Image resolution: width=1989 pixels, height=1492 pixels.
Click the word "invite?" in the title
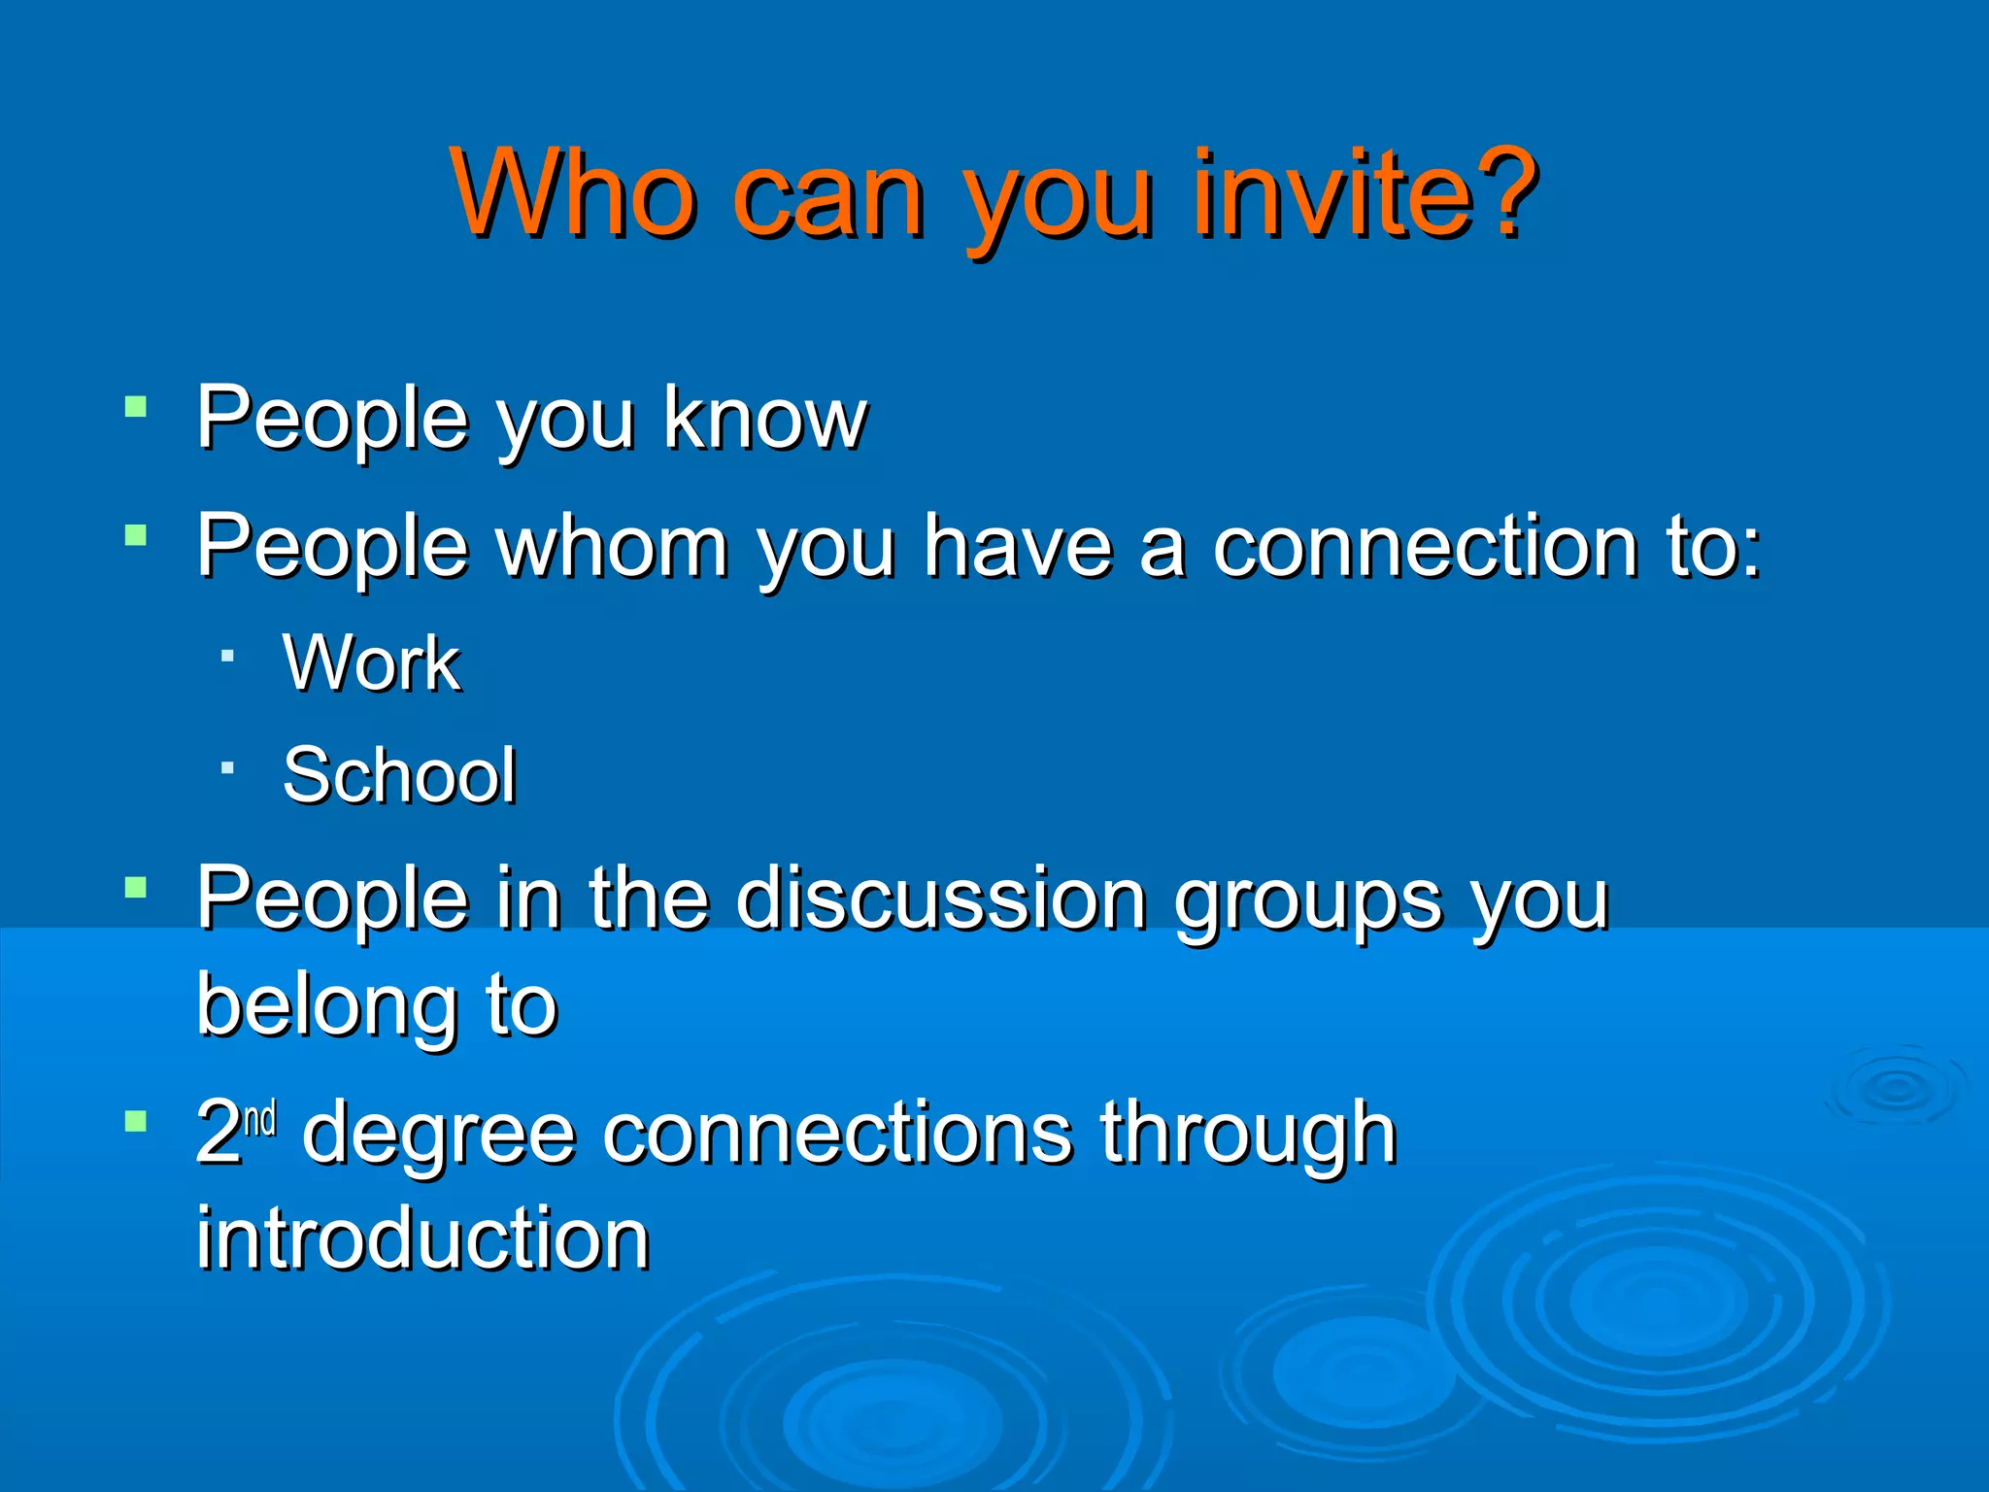[1365, 194]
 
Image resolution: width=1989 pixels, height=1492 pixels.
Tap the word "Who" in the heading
[573, 194]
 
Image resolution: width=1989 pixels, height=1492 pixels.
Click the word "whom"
[612, 546]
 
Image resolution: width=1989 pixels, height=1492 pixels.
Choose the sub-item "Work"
[371, 663]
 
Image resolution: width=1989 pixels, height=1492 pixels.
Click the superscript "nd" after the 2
[260, 1119]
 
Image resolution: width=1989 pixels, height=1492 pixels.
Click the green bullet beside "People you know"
[136, 405]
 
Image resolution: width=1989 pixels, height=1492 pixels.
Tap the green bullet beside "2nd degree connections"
[136, 1122]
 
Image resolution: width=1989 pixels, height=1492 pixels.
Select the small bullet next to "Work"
[227, 657]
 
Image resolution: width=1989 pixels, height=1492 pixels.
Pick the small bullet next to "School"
[227, 768]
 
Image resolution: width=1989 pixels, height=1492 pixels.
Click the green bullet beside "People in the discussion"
[136, 887]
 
